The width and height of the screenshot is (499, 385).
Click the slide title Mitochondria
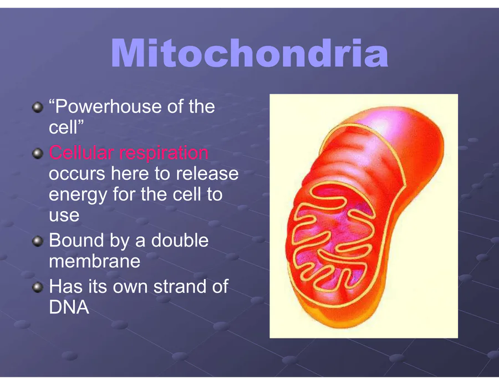click(249, 53)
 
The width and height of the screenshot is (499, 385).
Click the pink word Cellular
click(81, 152)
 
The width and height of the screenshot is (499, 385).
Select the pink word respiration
click(164, 153)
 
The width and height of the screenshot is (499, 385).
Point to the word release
click(207, 173)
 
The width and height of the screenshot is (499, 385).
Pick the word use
click(64, 215)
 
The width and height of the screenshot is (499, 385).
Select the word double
click(180, 240)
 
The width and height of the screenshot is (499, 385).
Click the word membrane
click(94, 261)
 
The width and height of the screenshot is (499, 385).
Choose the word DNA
click(69, 307)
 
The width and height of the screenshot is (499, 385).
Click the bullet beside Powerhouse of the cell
click(38, 107)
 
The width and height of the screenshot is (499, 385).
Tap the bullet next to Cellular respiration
click(38, 154)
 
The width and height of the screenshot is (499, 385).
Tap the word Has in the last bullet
click(66, 286)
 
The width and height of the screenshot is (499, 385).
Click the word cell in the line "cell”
click(63, 128)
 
